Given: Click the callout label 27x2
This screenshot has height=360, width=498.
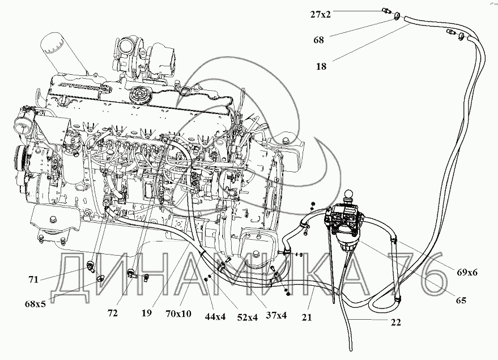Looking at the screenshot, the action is click(320, 14).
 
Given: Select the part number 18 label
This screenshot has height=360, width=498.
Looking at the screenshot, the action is click(321, 66).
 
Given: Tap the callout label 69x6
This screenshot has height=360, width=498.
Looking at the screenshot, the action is click(467, 272).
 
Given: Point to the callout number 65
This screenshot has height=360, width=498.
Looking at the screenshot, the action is click(461, 300).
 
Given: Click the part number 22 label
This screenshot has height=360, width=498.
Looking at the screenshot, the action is click(395, 323).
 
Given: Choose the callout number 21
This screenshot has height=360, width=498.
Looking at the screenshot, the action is click(307, 317).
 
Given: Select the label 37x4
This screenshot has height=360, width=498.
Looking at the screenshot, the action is click(276, 316).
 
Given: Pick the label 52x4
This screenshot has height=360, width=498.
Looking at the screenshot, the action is click(247, 317).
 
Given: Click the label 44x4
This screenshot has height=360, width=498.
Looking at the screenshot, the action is click(215, 316).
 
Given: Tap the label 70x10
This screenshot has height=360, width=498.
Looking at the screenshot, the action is click(178, 314).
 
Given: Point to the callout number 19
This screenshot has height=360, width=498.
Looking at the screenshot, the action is click(146, 314).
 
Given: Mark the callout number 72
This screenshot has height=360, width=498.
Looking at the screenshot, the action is click(113, 313).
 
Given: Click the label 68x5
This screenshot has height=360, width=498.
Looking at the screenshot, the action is click(35, 304).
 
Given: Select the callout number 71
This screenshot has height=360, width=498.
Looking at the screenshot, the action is click(33, 279).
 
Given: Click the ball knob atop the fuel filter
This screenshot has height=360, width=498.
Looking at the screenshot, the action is click(348, 194).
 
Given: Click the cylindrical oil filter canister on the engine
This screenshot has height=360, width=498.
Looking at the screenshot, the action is click(63, 54).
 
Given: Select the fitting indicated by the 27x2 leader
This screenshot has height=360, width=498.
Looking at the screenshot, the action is click(386, 11).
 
